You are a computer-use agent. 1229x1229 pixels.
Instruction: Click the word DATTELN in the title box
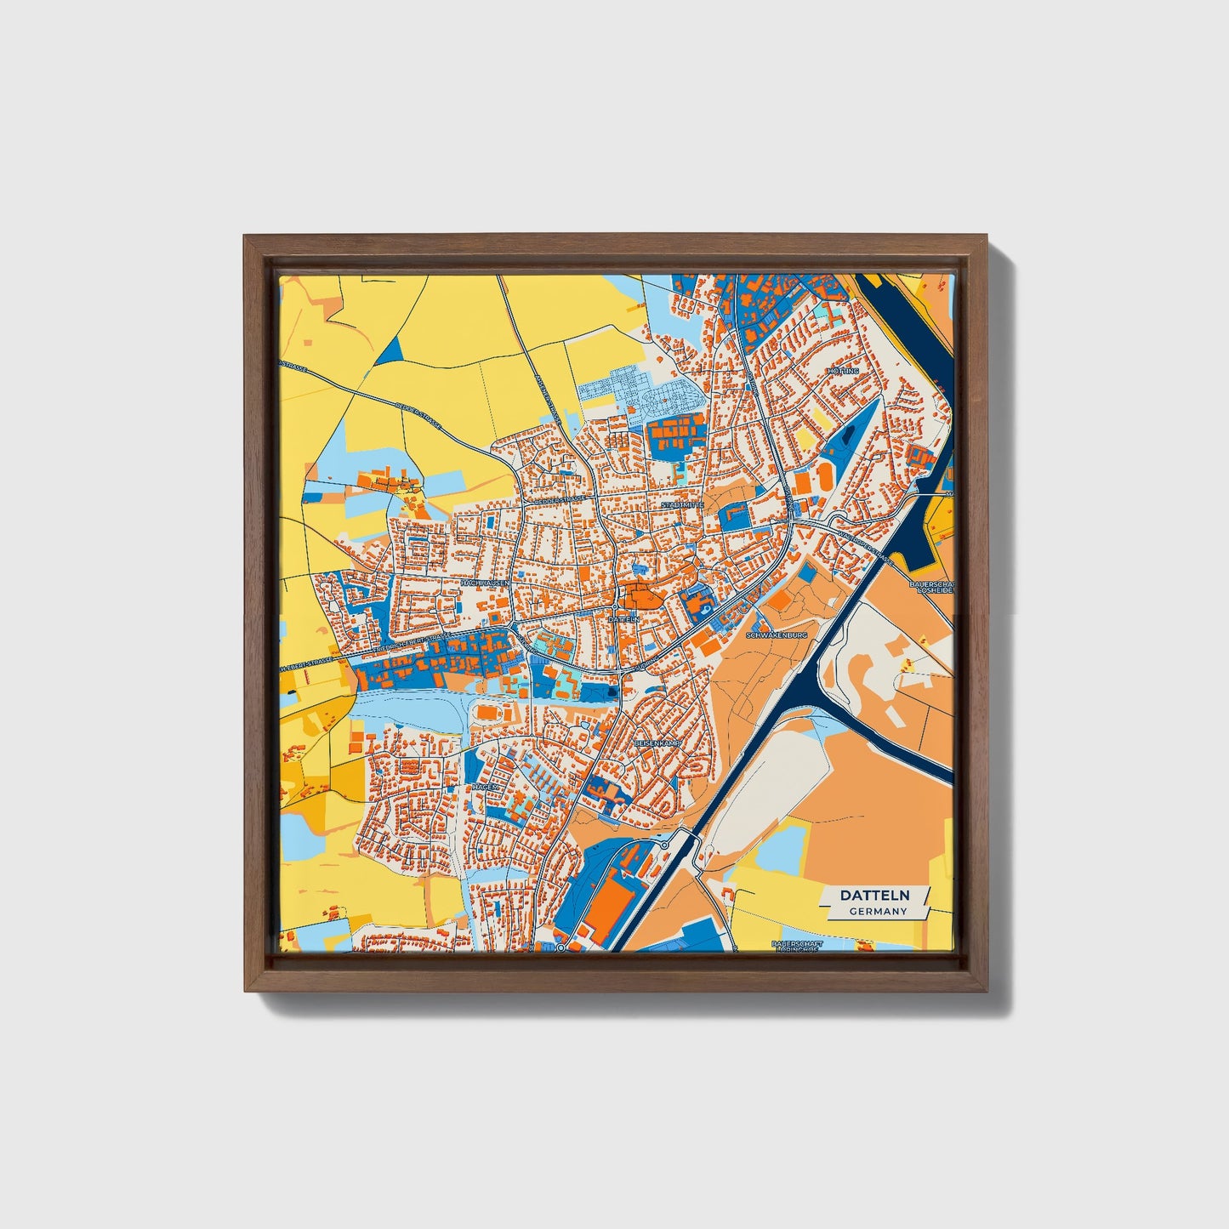[x=874, y=895]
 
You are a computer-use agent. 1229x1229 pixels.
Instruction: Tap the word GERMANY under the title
[x=877, y=911]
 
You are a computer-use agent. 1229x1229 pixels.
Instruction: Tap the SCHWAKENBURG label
[x=775, y=635]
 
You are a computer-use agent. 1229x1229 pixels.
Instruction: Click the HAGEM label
[x=485, y=788]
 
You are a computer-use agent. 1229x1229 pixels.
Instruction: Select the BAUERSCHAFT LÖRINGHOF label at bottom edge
[x=796, y=945]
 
